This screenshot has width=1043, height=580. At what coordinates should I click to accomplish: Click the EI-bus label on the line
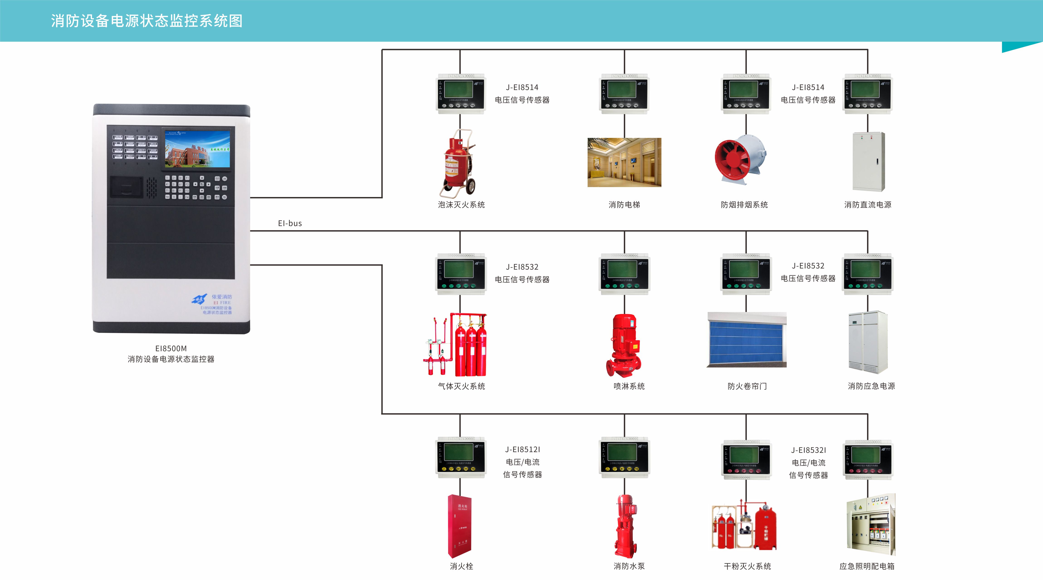point(290,223)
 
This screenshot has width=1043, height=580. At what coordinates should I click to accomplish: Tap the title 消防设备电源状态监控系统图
point(147,21)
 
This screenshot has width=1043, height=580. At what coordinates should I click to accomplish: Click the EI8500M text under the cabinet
point(171,348)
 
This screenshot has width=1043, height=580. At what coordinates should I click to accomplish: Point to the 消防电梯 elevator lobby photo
point(624,162)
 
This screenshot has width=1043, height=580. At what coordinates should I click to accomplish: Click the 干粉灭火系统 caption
point(747,566)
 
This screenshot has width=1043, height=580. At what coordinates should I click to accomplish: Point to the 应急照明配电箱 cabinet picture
point(870,524)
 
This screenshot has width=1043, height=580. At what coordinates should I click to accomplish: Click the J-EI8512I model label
point(522,449)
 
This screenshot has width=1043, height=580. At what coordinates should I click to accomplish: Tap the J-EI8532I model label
point(808,450)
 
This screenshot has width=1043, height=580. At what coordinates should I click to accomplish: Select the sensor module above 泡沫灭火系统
point(460,93)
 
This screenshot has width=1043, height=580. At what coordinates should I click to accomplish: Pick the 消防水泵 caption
point(629,566)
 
